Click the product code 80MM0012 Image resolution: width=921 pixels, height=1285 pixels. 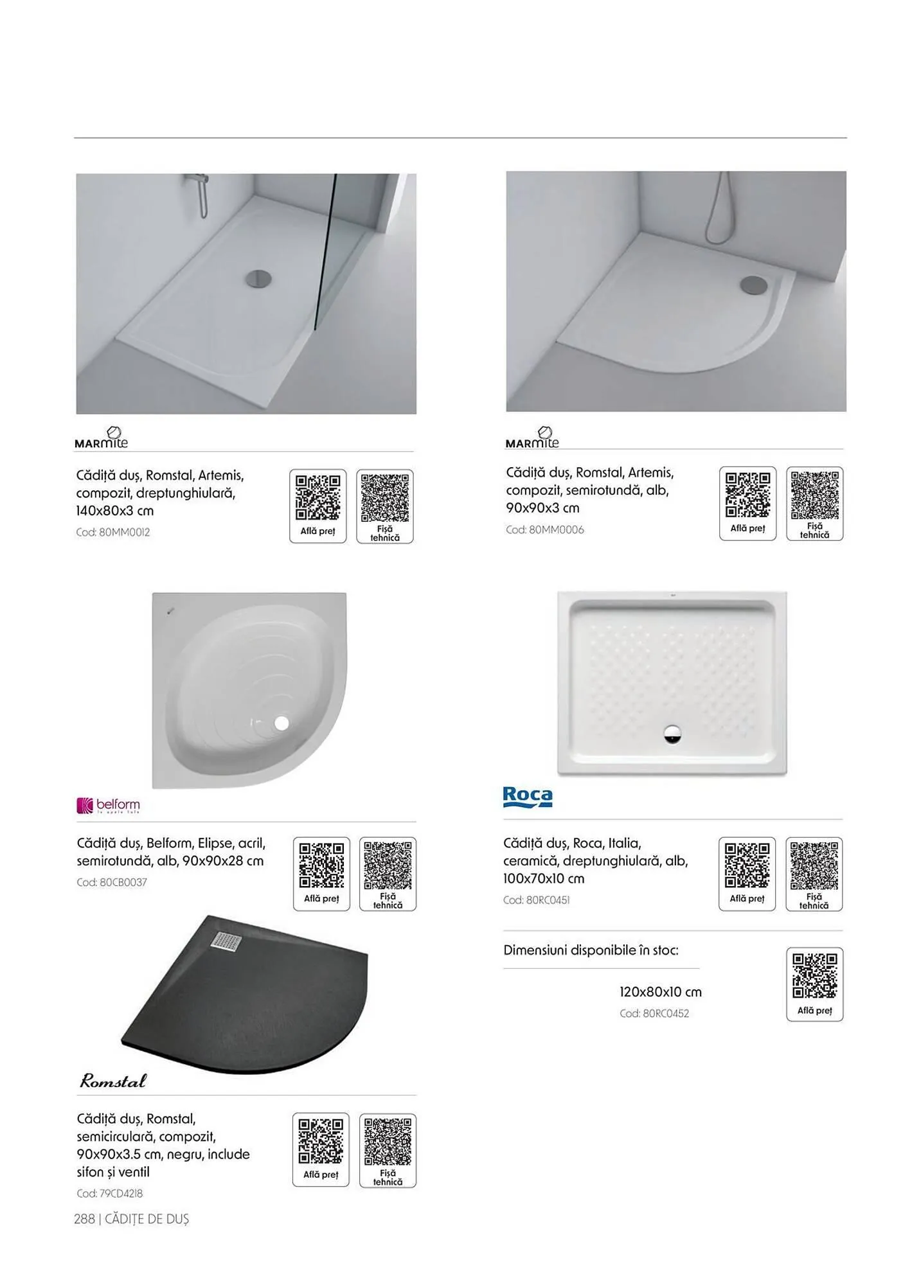112,532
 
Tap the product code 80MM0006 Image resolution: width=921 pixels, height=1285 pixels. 544,529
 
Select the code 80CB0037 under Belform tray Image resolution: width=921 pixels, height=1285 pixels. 112,882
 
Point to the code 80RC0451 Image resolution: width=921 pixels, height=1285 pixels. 536,900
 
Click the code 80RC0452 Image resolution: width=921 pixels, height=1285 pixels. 654,1013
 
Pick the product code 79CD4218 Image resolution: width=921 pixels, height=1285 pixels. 109,1193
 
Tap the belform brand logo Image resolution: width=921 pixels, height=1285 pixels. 108,805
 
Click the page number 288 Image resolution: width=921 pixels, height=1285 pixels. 84,1219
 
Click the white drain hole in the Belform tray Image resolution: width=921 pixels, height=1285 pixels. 282,723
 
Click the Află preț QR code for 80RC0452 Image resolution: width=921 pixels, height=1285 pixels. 814,975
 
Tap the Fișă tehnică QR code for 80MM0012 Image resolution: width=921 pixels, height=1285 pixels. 384,498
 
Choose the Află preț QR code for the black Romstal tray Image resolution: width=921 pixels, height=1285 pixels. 321,1140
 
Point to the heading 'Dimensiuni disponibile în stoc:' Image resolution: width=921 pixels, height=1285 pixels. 591,950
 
